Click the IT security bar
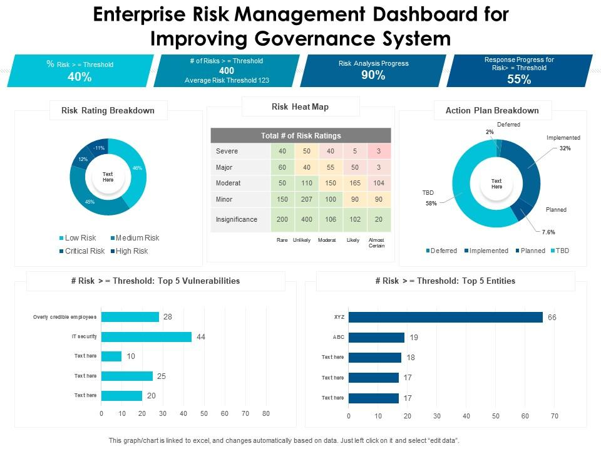pyautogui.click(x=146, y=337)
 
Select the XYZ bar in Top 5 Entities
pyautogui.click(x=445, y=317)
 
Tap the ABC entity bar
pyautogui.click(x=376, y=337)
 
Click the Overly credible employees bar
pyautogui.click(x=130, y=317)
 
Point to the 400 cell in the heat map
pyautogui.click(x=307, y=219)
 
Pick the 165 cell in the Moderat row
pyautogui.click(x=354, y=183)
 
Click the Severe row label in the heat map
pyautogui.click(x=227, y=151)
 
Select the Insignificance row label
pyautogui.click(x=237, y=219)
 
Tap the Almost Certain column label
pyautogui.click(x=377, y=242)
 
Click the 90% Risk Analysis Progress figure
pyautogui.click(x=373, y=75)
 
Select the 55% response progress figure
pyautogui.click(x=519, y=80)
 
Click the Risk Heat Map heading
pyautogui.click(x=300, y=107)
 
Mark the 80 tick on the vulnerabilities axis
pyautogui.click(x=265, y=414)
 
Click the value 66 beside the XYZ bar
pyautogui.click(x=552, y=318)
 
